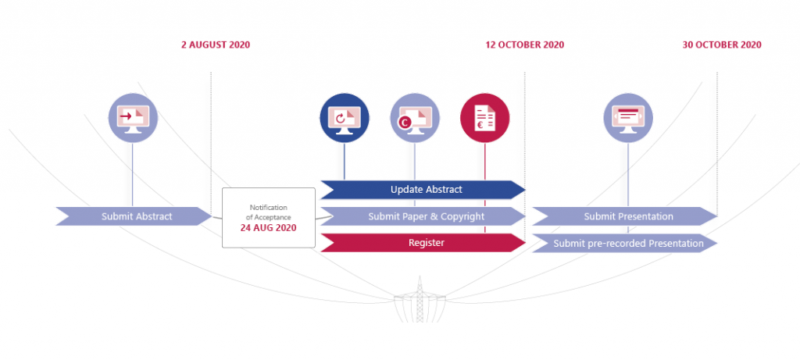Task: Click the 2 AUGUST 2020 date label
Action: coord(216,45)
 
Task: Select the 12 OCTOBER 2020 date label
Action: coord(524,45)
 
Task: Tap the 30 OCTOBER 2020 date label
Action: coord(722,45)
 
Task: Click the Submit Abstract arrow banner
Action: coord(134,216)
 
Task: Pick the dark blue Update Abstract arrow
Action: coord(423,189)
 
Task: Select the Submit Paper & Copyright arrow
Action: coord(423,216)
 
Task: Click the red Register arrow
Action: coord(423,243)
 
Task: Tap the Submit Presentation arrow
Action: coord(625,216)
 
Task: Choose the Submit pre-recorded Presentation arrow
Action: coord(625,243)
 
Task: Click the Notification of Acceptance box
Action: coord(269,218)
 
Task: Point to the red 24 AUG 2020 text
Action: coord(269,228)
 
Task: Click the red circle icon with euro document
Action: coord(484,118)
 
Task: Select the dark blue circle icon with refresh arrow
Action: coord(345,118)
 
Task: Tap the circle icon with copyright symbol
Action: coord(415,118)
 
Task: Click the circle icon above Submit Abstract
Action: coord(133,118)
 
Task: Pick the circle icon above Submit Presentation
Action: coord(628,118)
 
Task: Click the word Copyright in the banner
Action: coord(462,217)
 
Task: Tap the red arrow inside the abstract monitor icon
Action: coord(126,116)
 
